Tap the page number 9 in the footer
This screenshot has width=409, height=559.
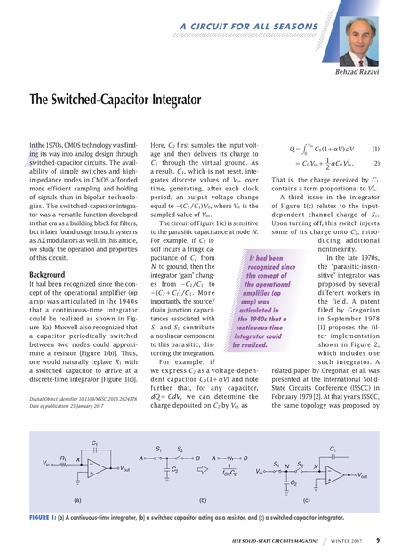coord(378,539)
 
